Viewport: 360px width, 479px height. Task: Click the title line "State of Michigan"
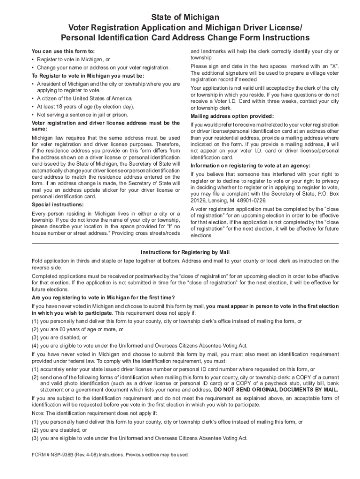click(185, 17)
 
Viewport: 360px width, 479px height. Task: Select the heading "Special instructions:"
click(58, 205)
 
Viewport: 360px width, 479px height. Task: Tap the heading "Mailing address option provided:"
click(232, 116)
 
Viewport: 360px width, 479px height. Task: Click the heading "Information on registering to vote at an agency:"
click(250, 166)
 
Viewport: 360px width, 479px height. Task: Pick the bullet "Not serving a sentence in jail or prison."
click(82, 115)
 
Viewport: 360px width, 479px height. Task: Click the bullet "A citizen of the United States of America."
click(85, 98)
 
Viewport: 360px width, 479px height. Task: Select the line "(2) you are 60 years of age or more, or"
click(77, 329)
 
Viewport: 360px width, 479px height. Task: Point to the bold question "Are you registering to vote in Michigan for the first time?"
click(103, 298)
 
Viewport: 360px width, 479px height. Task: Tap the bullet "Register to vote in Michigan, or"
click(73, 59)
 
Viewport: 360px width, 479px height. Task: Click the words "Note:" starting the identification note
click(39, 414)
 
